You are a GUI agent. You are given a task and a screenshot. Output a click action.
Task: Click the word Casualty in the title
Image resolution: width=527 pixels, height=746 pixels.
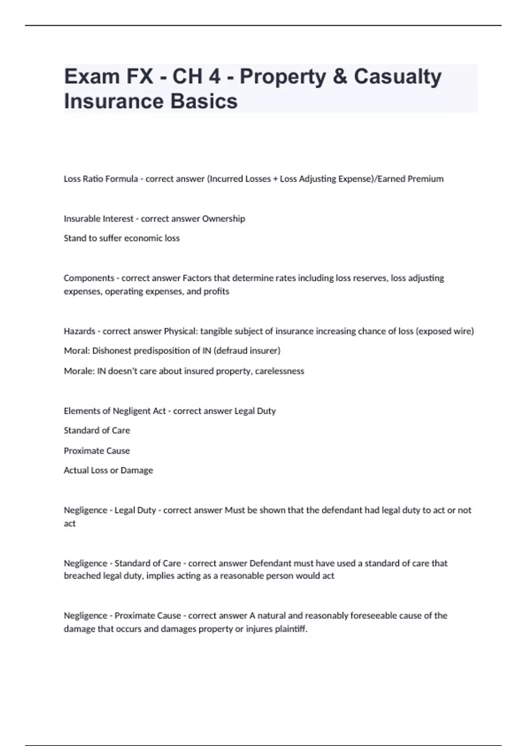[397, 76]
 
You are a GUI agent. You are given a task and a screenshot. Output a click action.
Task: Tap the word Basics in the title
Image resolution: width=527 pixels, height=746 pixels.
[204, 101]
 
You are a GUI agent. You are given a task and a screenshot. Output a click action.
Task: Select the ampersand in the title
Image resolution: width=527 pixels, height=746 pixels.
[340, 76]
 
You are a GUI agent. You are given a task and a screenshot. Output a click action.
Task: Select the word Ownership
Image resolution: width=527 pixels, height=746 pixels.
[224, 219]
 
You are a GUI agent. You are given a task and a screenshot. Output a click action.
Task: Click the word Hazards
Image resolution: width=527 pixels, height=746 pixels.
[79, 331]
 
